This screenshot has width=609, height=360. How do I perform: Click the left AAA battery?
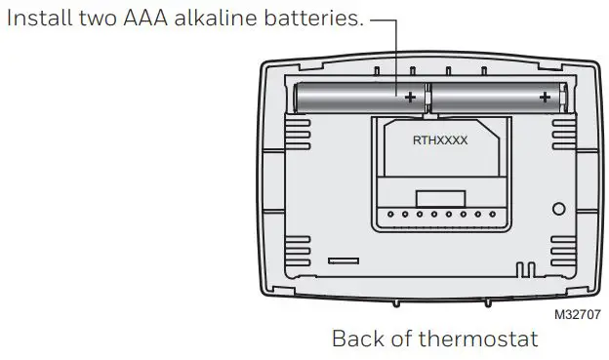[361, 97]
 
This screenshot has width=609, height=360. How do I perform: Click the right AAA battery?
[495, 97]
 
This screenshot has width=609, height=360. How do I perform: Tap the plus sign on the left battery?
[410, 97]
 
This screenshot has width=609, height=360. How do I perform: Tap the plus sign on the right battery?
[544, 97]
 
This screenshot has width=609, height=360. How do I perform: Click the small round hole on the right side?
[559, 209]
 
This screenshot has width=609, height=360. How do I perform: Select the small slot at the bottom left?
[343, 261]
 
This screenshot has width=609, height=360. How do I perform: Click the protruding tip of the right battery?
[565, 96]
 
